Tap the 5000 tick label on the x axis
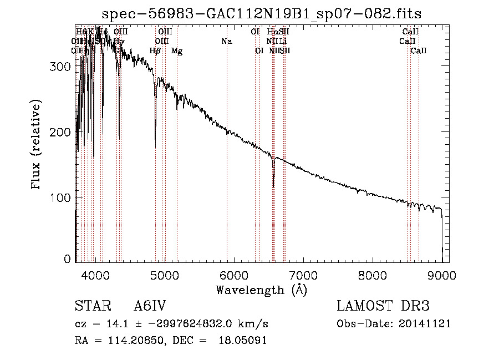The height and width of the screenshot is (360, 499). tap(164, 274)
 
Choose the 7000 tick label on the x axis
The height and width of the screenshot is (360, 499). tap(303, 274)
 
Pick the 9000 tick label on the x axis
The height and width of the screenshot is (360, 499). tap(442, 274)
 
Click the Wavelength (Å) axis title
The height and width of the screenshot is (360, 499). tap(261, 290)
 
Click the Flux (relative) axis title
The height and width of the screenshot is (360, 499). tap(37, 145)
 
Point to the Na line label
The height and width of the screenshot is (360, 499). tap(226, 41)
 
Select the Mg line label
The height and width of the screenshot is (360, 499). tap(177, 51)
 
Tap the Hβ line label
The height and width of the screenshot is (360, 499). tap(155, 51)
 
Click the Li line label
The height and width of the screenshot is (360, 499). tap(283, 41)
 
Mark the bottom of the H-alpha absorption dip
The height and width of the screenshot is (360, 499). tap(273, 186)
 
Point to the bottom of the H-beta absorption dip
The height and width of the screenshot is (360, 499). tap(155, 145)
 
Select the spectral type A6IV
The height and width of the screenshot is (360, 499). tap(150, 307)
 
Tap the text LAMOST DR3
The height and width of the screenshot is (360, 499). tap(383, 307)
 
